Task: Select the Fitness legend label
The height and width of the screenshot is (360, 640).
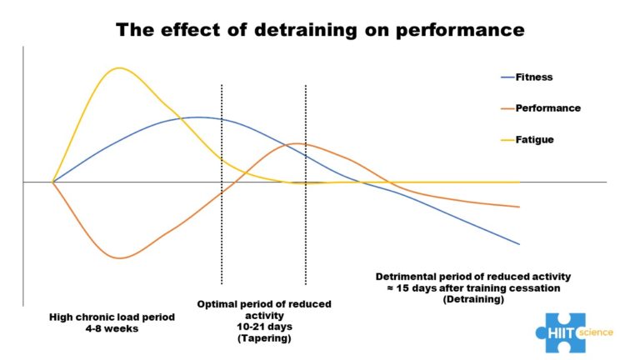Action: (x=533, y=77)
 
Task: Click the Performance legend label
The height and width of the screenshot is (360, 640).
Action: (x=547, y=108)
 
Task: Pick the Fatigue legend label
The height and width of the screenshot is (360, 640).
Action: (x=534, y=140)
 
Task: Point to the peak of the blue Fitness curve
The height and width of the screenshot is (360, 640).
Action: (x=197, y=117)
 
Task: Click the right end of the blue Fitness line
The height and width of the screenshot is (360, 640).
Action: (x=519, y=244)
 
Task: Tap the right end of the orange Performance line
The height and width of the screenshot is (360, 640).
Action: (x=519, y=207)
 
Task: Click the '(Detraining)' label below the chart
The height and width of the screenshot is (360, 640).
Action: (x=473, y=298)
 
